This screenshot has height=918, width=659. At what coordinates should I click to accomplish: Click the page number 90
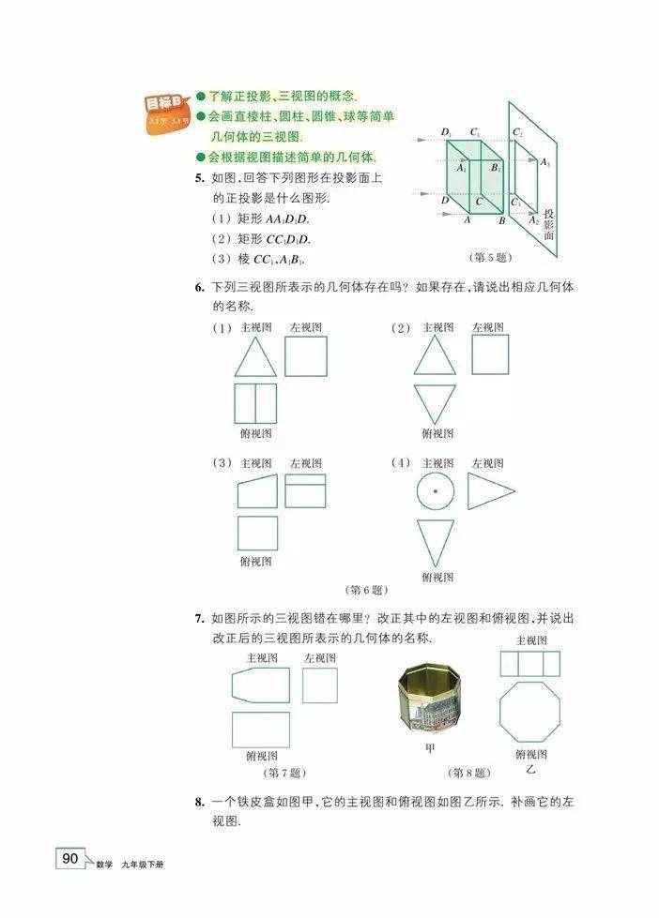(69, 858)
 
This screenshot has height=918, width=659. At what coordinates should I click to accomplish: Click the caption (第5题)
(491, 257)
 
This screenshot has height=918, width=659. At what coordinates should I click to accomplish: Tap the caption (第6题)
(367, 590)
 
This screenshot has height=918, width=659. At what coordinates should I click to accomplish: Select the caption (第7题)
(284, 773)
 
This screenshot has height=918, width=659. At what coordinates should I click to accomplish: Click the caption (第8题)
(469, 773)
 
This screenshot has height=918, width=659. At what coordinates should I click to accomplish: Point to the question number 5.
(199, 178)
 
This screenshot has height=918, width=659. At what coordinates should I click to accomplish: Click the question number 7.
(199, 618)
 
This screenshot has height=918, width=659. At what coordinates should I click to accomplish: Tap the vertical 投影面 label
(549, 224)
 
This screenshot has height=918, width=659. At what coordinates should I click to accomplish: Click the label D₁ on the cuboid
(447, 133)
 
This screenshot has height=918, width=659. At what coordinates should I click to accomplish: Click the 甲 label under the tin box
(430, 748)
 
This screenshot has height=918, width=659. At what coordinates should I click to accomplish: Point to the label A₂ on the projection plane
(533, 220)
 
